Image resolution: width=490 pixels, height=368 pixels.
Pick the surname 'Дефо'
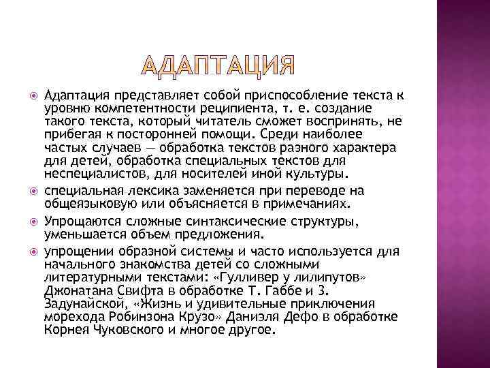point(286,318)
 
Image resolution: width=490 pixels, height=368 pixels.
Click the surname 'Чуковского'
point(126,331)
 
